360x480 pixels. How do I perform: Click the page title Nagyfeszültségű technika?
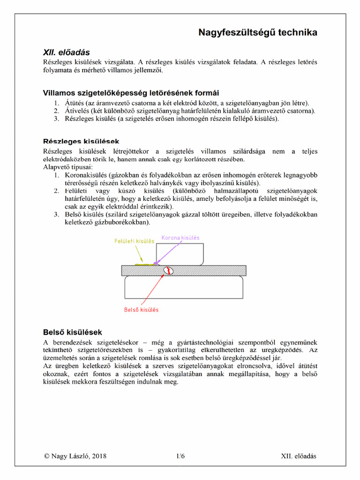pyautogui.click(x=258, y=32)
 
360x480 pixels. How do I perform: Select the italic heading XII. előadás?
pyautogui.click(x=67, y=52)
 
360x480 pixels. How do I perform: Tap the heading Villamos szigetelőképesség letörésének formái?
pyautogui.click(x=131, y=93)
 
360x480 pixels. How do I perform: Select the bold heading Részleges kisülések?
pyautogui.click(x=81, y=141)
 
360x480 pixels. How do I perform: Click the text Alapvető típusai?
pyautogui.click(x=68, y=167)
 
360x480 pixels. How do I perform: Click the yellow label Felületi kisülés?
pyautogui.click(x=135, y=241)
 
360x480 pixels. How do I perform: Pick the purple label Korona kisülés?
pyautogui.click(x=180, y=238)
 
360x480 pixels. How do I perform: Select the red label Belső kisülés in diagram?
pyautogui.click(x=141, y=310)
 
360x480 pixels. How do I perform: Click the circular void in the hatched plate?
pyautogui.click(x=167, y=270)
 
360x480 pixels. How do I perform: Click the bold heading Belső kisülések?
pyautogui.click(x=72, y=332)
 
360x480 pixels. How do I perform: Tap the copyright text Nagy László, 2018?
pyautogui.click(x=75, y=456)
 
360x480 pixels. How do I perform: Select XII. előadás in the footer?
pyautogui.click(x=299, y=456)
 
